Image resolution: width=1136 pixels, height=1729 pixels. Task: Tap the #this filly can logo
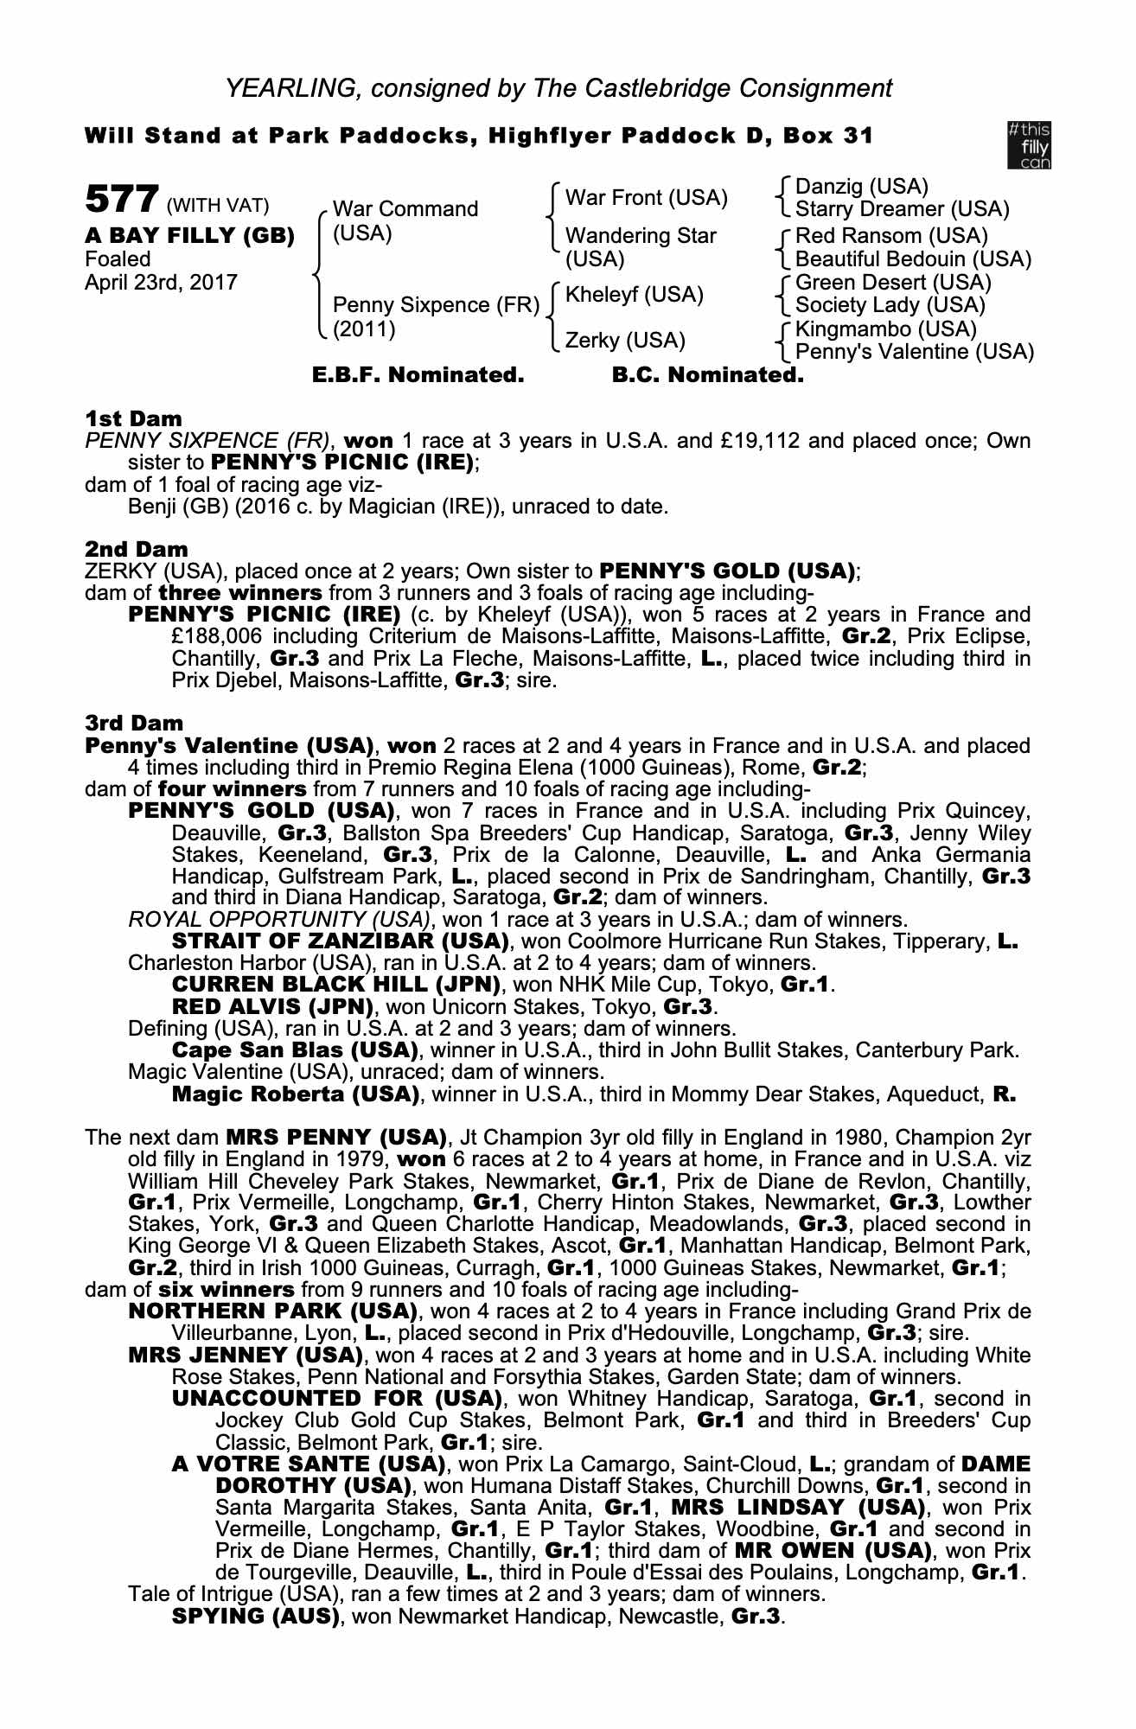(x=1029, y=144)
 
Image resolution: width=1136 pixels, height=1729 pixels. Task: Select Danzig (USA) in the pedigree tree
(x=861, y=187)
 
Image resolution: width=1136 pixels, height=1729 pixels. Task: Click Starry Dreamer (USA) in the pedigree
(x=902, y=209)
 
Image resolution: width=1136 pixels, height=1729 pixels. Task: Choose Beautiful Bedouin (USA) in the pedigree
(x=913, y=258)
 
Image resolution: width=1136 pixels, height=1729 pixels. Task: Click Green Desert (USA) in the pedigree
(x=893, y=283)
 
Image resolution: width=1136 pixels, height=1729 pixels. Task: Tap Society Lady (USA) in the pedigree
(x=890, y=305)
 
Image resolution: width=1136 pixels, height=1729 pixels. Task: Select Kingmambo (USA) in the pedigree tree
(x=885, y=329)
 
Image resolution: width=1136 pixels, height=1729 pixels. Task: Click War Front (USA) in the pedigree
(x=646, y=198)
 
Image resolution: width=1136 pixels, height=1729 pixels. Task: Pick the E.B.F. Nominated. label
(x=418, y=375)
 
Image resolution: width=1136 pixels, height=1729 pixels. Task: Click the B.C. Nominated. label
(x=707, y=375)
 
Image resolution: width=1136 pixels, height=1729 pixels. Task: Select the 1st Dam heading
(x=133, y=419)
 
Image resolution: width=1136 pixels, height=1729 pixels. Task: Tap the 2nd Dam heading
(x=136, y=549)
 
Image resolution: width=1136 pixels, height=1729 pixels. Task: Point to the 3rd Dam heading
(x=134, y=723)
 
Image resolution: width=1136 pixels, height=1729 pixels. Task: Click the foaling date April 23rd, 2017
(x=161, y=283)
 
